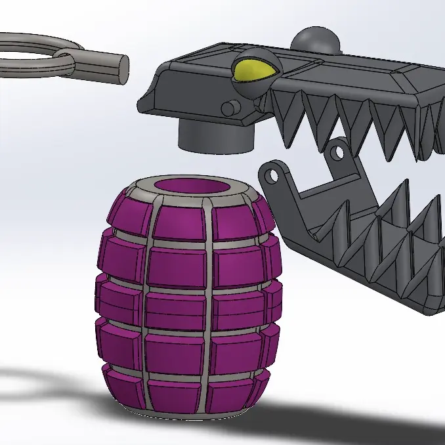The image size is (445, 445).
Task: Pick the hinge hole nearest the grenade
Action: pos(270,174)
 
